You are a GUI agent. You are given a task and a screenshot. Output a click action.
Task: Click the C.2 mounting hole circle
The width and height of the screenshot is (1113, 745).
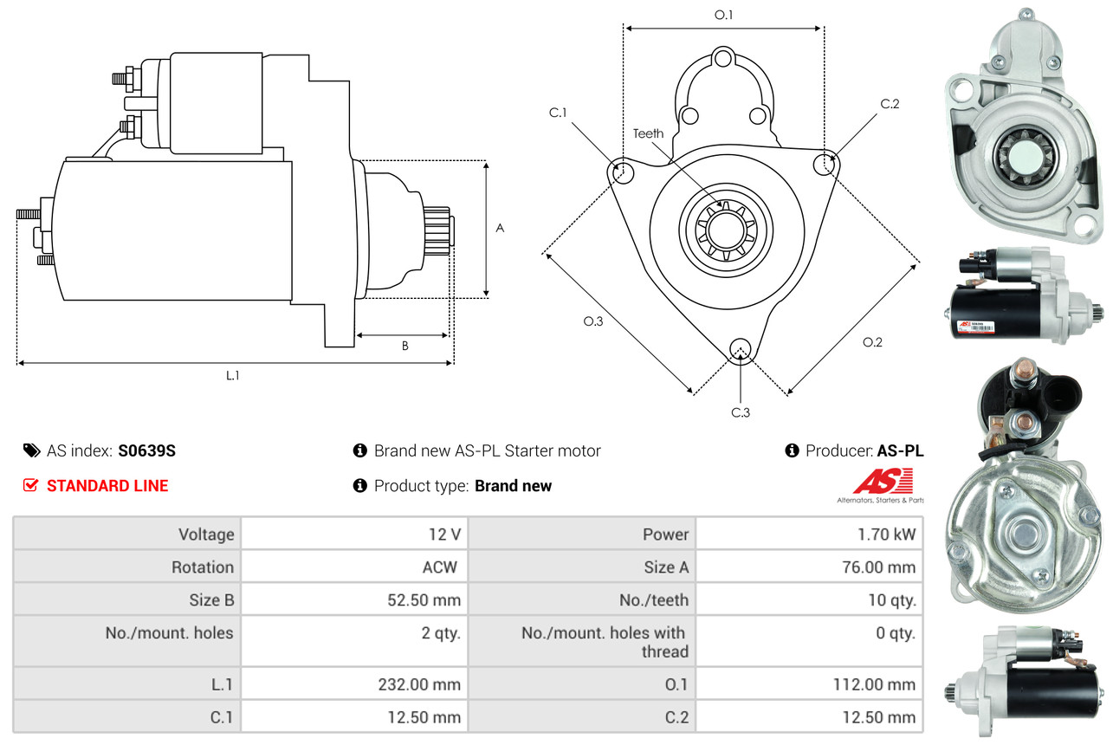pyautogui.click(x=826, y=163)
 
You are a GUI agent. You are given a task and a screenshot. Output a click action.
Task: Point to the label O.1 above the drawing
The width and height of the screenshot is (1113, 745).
pyautogui.click(x=724, y=15)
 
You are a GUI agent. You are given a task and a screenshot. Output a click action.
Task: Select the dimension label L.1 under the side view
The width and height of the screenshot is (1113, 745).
pyautogui.click(x=232, y=375)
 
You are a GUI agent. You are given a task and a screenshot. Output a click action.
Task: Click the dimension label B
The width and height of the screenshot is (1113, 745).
pyautogui.click(x=404, y=346)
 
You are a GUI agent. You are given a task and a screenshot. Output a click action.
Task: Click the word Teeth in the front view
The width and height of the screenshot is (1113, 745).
pyautogui.click(x=648, y=133)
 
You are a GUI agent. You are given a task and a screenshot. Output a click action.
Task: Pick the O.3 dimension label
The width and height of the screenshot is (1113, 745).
pyautogui.click(x=592, y=321)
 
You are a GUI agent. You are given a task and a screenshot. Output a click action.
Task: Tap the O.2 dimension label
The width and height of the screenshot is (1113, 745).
pyautogui.click(x=872, y=342)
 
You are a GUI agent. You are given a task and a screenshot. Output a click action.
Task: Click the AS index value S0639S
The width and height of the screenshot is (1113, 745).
pyautogui.click(x=147, y=450)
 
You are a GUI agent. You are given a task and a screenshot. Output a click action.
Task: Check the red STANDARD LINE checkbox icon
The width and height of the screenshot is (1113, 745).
pyautogui.click(x=30, y=485)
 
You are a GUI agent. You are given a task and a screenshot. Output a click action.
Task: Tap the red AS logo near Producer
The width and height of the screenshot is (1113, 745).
pyautogui.click(x=883, y=481)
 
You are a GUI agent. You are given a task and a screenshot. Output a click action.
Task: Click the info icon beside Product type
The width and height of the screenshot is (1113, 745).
pyautogui.click(x=360, y=485)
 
